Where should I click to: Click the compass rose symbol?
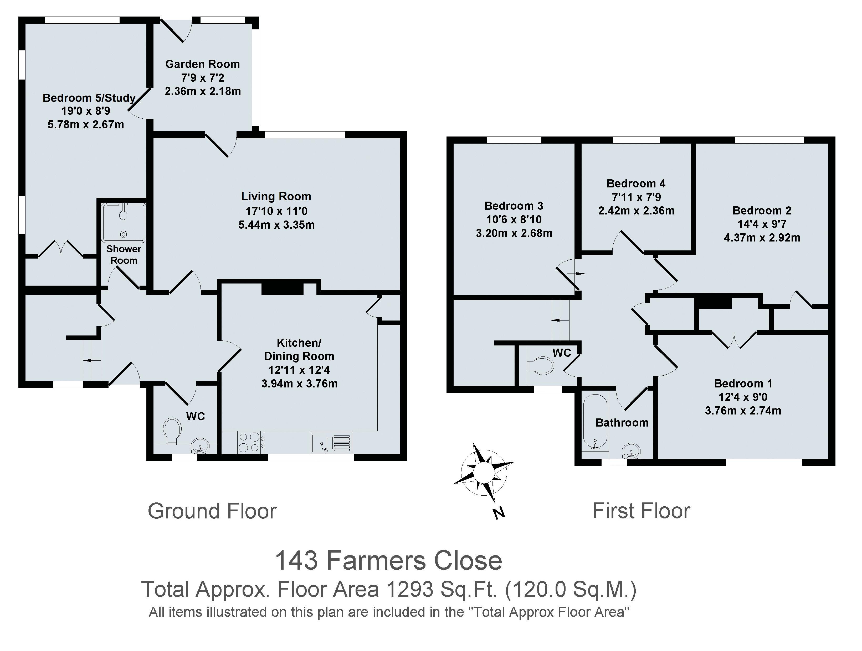[484, 473]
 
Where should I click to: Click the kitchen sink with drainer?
[332, 442]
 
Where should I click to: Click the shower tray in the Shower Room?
[124, 223]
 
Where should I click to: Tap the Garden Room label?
[202, 64]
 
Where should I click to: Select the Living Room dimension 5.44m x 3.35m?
[276, 225]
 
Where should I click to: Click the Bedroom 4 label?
[636, 183]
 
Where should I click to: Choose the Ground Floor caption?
[212, 511]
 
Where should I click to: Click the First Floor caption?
[641, 511]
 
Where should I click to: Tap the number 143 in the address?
[296, 561]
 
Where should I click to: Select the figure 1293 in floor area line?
[409, 590]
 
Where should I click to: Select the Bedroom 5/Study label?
[89, 98]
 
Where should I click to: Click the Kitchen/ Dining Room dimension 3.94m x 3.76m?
[299, 384]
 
